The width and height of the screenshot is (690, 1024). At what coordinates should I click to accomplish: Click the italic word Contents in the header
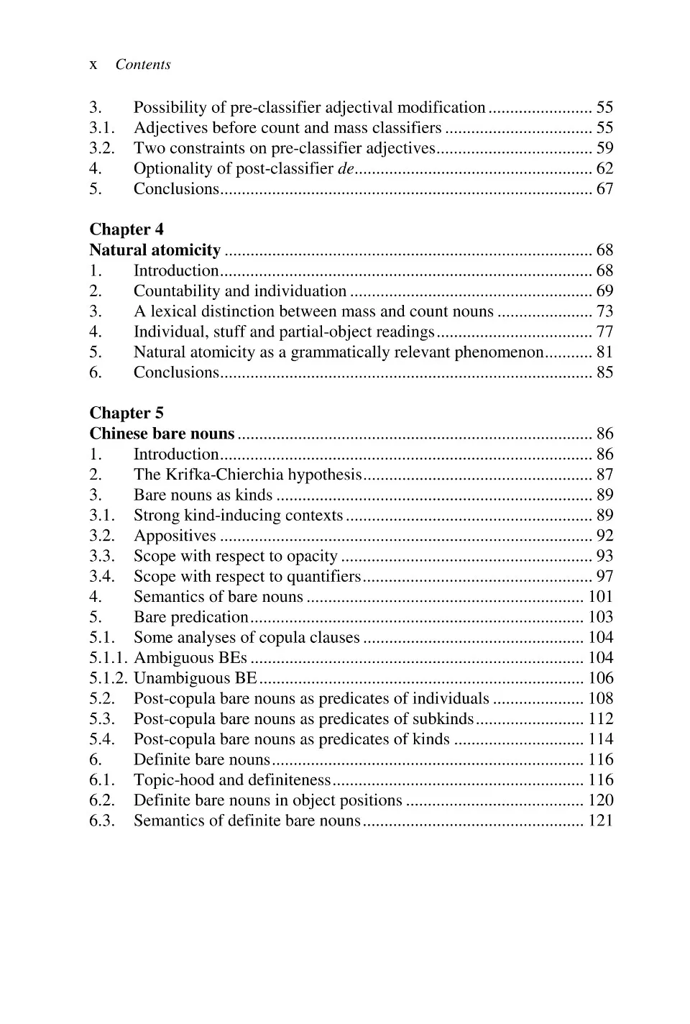click(143, 65)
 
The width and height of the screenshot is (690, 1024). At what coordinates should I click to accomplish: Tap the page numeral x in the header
click(93, 65)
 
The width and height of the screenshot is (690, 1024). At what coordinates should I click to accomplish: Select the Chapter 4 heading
click(126, 229)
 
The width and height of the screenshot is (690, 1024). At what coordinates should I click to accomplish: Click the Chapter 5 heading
click(126, 413)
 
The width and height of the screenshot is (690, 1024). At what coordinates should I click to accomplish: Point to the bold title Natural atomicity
click(155, 250)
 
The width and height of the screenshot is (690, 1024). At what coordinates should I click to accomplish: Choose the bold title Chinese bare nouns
click(162, 434)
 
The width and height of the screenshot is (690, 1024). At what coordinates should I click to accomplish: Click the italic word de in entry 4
click(346, 169)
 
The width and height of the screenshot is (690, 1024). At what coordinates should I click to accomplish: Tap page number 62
click(604, 169)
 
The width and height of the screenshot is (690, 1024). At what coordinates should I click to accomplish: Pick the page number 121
click(600, 820)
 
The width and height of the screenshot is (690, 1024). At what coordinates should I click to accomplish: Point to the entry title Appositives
click(175, 536)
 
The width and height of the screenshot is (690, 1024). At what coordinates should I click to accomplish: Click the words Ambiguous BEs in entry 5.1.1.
click(190, 658)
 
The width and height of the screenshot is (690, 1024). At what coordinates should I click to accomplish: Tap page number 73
click(604, 311)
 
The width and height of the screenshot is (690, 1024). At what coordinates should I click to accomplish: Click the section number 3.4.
click(101, 577)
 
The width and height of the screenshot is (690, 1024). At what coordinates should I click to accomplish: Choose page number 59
click(604, 148)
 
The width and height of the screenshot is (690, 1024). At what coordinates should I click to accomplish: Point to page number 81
click(604, 352)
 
